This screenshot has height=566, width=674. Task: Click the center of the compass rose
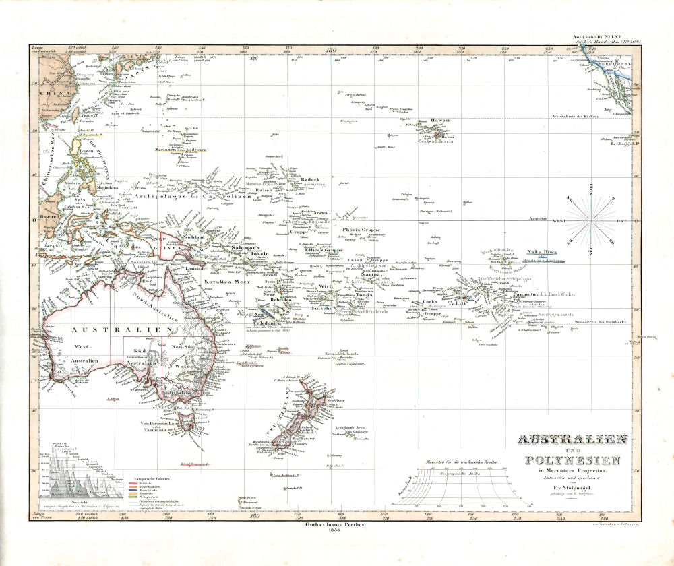[x=591, y=220]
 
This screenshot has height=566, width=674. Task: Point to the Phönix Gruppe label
[x=362, y=230]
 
